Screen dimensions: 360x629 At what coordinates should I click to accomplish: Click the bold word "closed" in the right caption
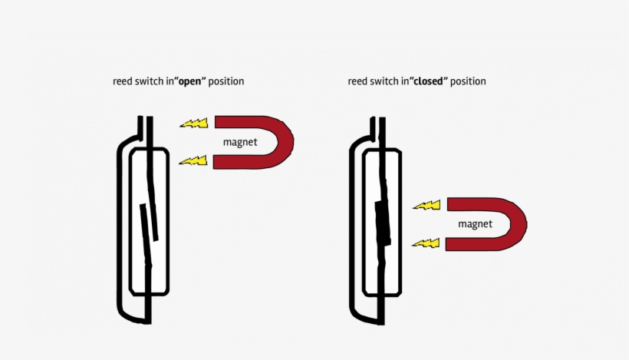428,81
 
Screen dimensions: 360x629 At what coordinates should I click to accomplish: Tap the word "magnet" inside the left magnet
240,143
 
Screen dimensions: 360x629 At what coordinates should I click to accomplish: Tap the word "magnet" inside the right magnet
475,224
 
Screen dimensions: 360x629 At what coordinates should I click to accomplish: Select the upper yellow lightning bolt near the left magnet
193,123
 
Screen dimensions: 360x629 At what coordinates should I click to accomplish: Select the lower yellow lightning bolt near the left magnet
193,160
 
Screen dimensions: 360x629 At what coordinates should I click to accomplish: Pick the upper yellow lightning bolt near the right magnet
426,205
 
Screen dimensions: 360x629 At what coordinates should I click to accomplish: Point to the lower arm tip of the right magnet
453,244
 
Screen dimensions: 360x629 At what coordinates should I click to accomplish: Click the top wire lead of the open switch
146,127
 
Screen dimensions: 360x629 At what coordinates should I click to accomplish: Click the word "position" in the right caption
468,81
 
